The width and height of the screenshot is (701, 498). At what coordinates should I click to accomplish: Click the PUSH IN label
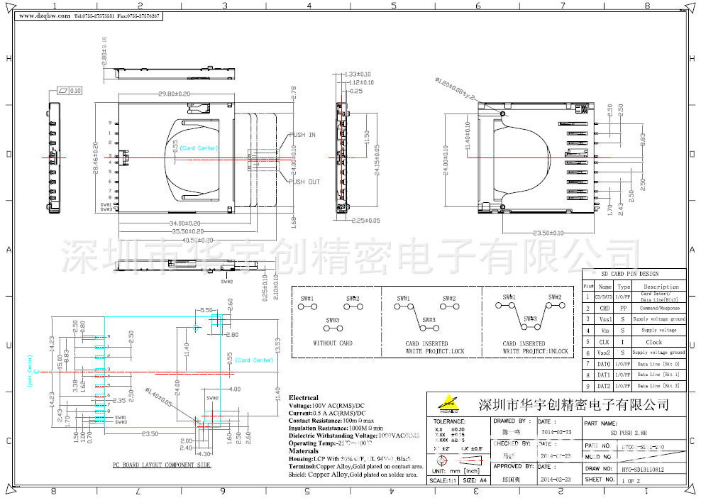(303, 135)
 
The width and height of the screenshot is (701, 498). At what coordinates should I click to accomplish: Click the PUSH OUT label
(304, 182)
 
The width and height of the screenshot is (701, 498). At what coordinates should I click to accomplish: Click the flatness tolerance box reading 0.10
(70, 91)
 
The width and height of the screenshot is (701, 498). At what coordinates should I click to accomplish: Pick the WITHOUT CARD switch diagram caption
(333, 343)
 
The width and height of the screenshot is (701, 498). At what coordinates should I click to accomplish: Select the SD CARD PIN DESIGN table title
(630, 274)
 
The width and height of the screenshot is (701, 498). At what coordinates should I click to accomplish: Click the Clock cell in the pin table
(653, 342)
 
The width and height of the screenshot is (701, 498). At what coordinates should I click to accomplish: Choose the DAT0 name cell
(604, 364)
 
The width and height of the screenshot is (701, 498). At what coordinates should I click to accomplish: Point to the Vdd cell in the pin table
(604, 331)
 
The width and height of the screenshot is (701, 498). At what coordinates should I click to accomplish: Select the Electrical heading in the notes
(304, 398)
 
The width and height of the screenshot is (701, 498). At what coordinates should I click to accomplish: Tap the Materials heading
(304, 450)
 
